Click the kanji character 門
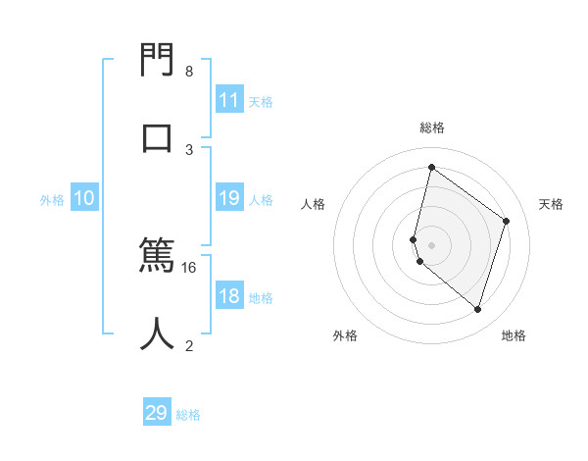(158, 61)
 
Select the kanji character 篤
(158, 257)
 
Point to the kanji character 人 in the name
(158, 333)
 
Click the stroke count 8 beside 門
(189, 72)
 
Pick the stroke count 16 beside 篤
(189, 267)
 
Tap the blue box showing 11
(229, 100)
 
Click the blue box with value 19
(229, 199)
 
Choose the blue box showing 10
(84, 199)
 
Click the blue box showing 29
(157, 413)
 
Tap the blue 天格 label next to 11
(261, 101)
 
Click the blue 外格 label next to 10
(52, 200)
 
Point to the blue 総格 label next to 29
(188, 415)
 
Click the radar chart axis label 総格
(432, 128)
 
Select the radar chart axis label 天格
(552, 204)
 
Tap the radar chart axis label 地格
(514, 335)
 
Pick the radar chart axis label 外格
(345, 335)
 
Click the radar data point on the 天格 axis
(507, 221)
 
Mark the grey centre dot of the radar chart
(432, 244)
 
